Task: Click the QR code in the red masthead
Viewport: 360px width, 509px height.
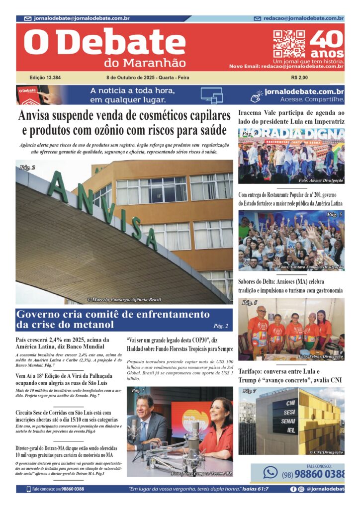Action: click(x=289, y=44)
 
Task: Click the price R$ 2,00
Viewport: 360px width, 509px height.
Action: click(x=299, y=78)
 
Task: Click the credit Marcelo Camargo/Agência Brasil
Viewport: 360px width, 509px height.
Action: click(x=124, y=300)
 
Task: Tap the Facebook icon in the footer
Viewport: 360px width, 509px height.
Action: click(x=293, y=489)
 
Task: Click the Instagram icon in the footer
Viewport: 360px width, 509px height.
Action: click(x=301, y=489)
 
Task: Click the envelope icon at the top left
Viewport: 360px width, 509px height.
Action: click(x=28, y=18)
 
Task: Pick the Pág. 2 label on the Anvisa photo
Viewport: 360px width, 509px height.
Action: click(x=27, y=168)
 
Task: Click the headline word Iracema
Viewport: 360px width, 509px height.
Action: click(x=254, y=112)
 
